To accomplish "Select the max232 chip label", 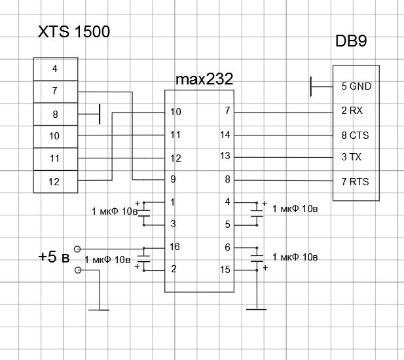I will (x=204, y=79).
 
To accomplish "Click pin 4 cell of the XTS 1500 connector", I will (x=54, y=68).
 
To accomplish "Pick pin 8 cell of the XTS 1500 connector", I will (x=54, y=115).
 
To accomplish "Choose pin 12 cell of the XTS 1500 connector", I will (x=54, y=181).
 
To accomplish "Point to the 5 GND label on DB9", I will (x=356, y=86).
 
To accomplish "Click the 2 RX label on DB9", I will (x=352, y=111).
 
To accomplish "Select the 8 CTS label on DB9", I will (x=355, y=135).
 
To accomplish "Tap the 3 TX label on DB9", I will (x=352, y=158).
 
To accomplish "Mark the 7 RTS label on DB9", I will (x=355, y=181).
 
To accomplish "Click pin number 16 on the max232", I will (x=175, y=247).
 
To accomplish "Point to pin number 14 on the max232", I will (x=227, y=135).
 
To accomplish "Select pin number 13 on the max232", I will (x=227, y=156).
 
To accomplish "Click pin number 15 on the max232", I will (x=227, y=270).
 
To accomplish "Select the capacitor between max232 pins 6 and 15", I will (x=255, y=258).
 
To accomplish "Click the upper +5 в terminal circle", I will (x=78, y=249).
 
